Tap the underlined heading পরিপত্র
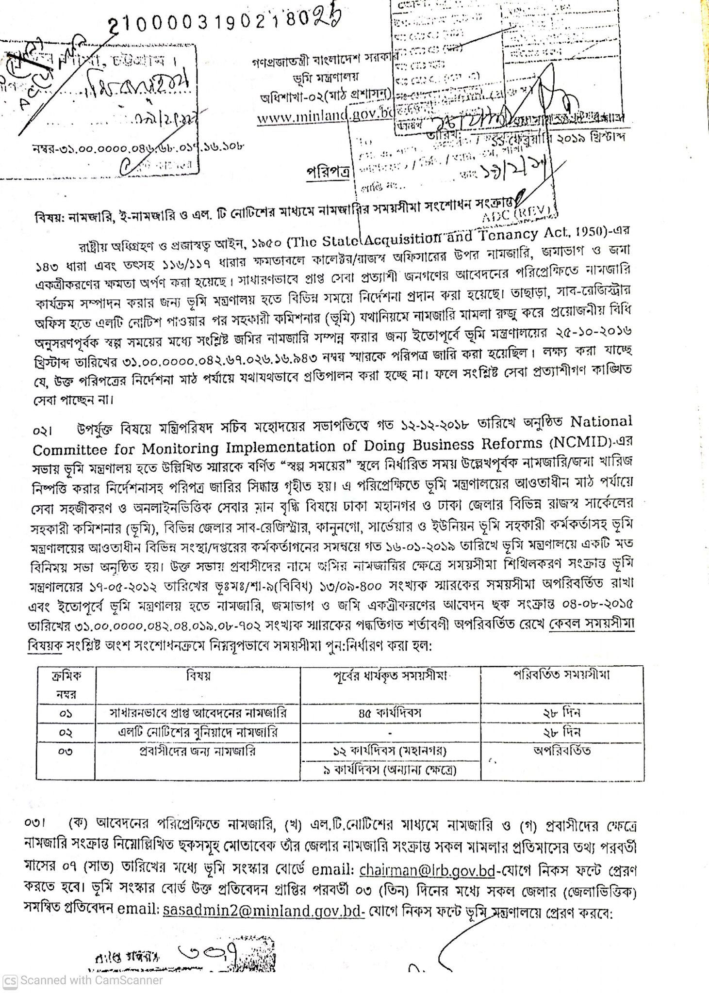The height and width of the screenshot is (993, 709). click(x=328, y=173)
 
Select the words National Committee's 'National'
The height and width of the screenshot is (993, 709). click(x=601, y=421)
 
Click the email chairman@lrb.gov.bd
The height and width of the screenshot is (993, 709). click(x=427, y=870)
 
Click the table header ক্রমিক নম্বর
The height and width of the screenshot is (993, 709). click(x=66, y=684)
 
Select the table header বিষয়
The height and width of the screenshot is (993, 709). click(x=198, y=675)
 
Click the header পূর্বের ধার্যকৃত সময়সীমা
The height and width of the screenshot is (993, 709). click(x=390, y=675)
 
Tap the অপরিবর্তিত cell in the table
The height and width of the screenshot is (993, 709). click(x=561, y=751)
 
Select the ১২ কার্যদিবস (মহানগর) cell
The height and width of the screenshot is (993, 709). click(x=390, y=751)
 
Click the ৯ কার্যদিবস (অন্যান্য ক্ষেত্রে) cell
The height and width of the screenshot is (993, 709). click(x=390, y=769)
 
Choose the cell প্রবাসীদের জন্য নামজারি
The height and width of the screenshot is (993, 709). click(x=198, y=751)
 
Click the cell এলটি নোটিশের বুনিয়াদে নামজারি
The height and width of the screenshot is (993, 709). click(x=198, y=732)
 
